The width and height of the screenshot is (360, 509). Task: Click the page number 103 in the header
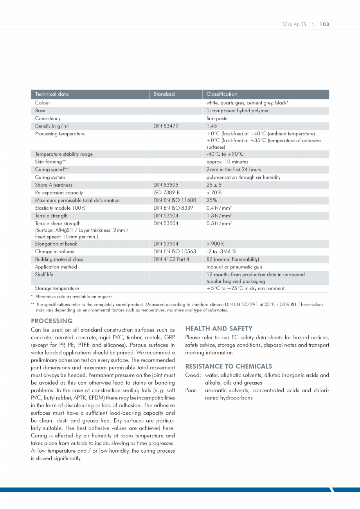[324, 24]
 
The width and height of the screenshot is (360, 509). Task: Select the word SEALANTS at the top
[294, 24]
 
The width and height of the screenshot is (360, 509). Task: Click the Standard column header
[164, 94]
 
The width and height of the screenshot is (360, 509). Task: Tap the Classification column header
[222, 94]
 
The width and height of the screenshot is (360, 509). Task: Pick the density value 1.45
[212, 126]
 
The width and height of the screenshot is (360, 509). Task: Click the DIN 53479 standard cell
[166, 126]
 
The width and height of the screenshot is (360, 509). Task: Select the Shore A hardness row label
[54, 185]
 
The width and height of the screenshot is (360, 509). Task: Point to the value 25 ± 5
[214, 185]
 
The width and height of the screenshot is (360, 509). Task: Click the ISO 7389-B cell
[166, 192]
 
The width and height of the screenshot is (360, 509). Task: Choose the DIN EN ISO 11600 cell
[175, 200]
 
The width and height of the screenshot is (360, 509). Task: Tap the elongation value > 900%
[215, 244]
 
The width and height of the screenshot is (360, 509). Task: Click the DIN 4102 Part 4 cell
[171, 259]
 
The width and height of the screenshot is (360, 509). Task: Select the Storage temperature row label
[57, 288]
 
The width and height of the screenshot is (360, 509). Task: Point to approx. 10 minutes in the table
[227, 162]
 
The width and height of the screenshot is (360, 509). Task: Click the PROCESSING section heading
[52, 321]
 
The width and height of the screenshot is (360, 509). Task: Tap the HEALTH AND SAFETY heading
[219, 328]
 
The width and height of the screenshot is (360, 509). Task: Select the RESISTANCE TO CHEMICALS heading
[229, 366]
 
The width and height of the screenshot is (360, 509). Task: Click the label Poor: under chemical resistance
[191, 390]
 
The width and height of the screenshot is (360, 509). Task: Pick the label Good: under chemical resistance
[193, 375]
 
